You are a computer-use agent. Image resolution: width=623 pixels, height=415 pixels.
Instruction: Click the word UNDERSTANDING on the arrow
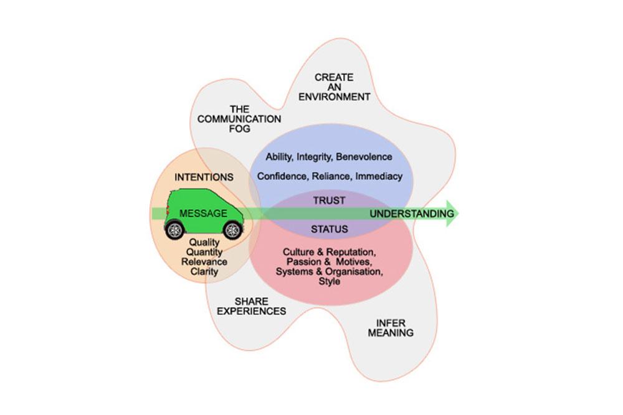(412, 214)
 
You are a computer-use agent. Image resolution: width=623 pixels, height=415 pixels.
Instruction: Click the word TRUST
(329, 200)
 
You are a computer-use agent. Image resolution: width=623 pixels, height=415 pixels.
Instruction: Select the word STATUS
(329, 230)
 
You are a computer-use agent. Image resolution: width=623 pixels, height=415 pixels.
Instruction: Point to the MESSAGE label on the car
(203, 213)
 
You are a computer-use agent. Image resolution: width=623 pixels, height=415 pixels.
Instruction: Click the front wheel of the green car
(232, 230)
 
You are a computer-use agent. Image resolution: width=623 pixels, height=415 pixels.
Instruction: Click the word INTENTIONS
(204, 177)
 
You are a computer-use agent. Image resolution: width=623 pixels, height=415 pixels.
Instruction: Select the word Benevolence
(367, 157)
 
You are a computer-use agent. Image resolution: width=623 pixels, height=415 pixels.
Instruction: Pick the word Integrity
(318, 157)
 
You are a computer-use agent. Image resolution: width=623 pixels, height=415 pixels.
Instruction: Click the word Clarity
(204, 272)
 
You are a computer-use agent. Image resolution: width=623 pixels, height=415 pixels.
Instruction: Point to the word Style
(329, 281)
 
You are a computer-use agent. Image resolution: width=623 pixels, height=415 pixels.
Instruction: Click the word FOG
(239, 129)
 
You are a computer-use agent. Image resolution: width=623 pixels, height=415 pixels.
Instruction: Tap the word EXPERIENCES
(251, 311)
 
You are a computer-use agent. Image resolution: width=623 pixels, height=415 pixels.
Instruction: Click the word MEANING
(391, 333)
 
